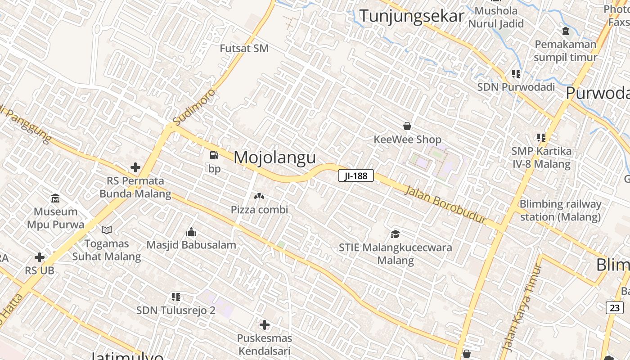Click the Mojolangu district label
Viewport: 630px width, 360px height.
(x=274, y=157)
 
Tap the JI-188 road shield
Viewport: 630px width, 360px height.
(x=356, y=175)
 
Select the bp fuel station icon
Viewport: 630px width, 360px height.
(x=214, y=156)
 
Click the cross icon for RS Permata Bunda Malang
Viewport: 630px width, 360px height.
(x=135, y=168)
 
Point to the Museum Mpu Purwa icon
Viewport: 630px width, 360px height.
(x=55, y=198)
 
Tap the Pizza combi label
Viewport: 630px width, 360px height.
(x=259, y=210)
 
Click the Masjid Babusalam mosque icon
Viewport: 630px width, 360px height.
(x=191, y=232)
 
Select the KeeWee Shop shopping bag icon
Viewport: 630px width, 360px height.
(x=407, y=126)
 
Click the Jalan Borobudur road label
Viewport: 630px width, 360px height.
(x=445, y=204)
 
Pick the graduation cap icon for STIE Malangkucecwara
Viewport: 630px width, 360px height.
(x=395, y=234)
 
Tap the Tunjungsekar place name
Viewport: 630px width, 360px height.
(x=412, y=16)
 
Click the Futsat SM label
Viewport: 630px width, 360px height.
(x=244, y=48)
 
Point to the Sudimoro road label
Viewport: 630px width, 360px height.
(x=194, y=107)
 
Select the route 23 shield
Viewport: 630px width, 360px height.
(x=615, y=308)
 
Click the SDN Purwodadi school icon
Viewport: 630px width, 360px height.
(x=516, y=73)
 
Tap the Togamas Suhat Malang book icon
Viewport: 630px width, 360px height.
(x=107, y=230)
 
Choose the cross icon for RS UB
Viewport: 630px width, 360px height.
(x=40, y=257)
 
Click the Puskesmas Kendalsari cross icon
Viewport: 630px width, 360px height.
(x=265, y=324)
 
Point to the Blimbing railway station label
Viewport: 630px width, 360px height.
(x=560, y=210)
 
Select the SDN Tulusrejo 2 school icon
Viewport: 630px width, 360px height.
(x=176, y=297)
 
